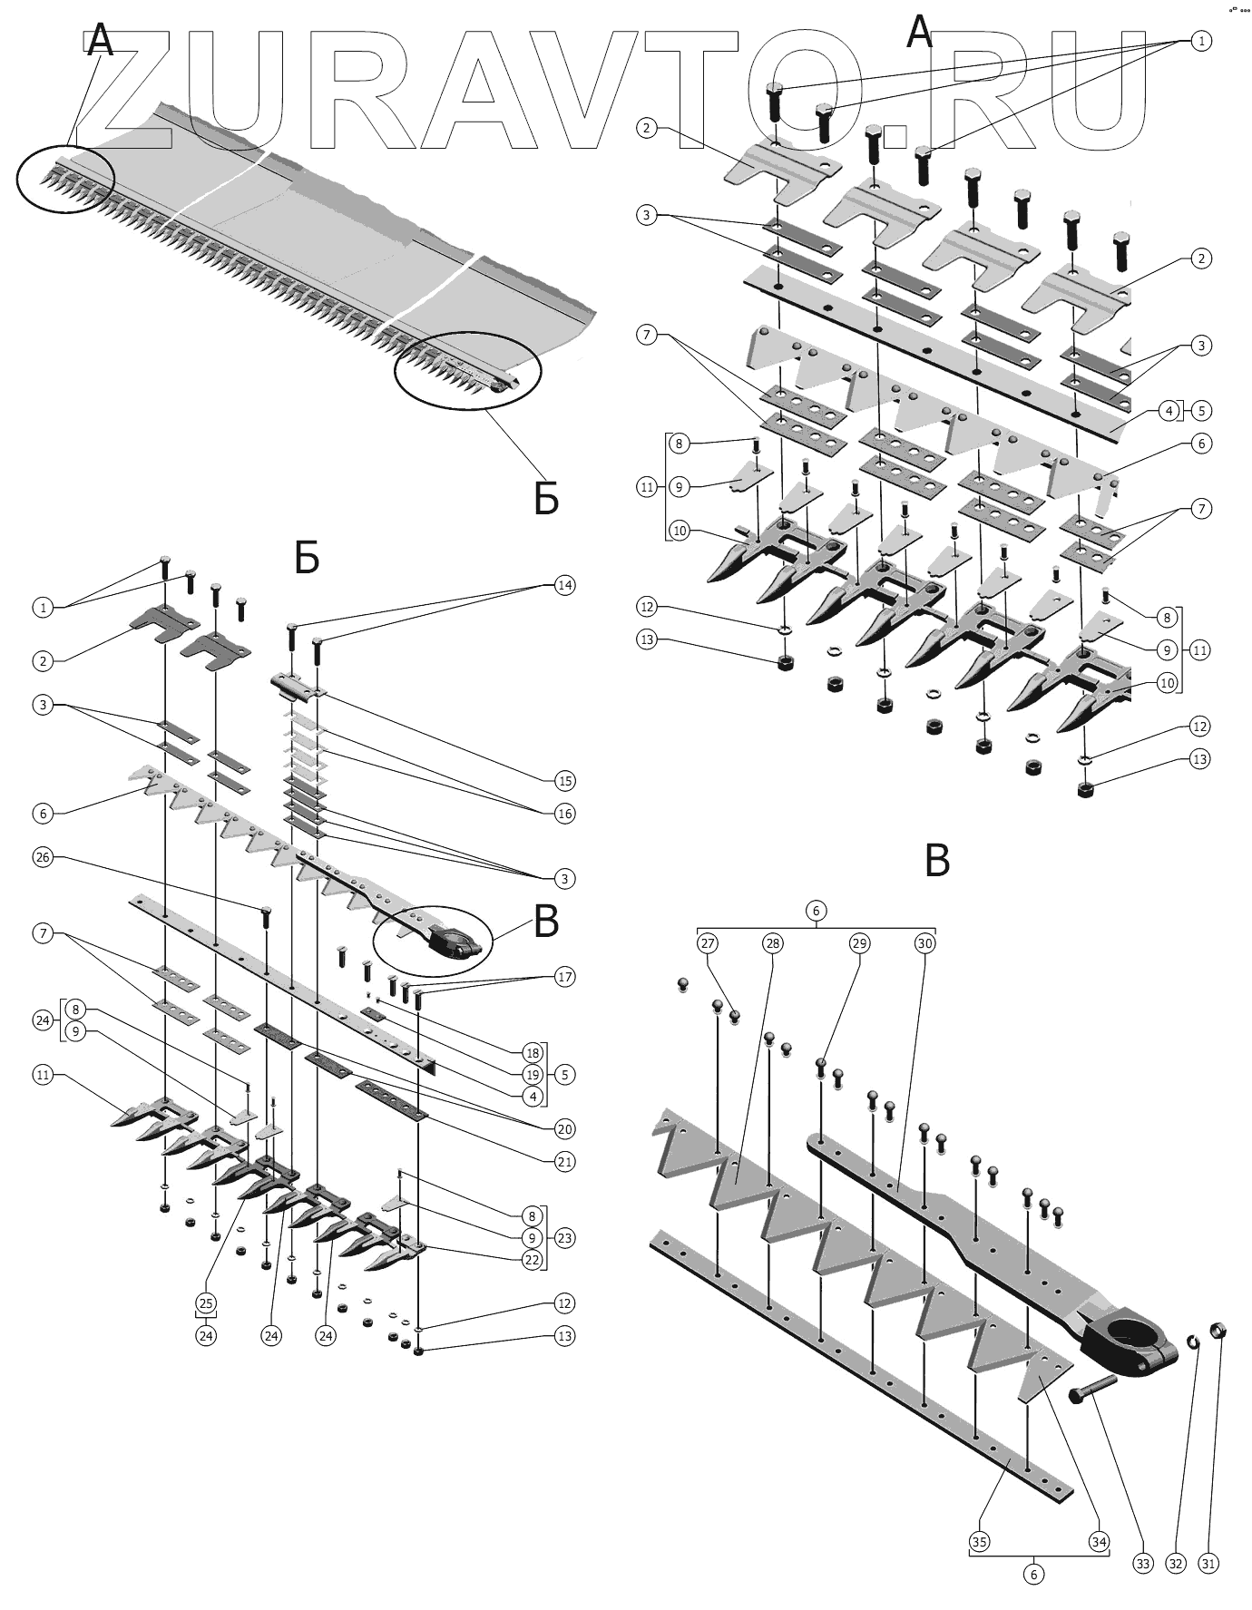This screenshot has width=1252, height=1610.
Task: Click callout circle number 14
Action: click(x=564, y=585)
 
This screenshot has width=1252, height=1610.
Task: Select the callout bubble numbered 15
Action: click(x=564, y=781)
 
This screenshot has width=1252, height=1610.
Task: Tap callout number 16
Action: click(x=564, y=814)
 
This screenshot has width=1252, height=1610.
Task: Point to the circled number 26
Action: click(x=43, y=857)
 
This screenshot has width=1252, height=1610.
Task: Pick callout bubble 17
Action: click(x=564, y=977)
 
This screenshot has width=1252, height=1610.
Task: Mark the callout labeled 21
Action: click(x=564, y=1162)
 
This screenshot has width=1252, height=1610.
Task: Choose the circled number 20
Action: click(x=564, y=1129)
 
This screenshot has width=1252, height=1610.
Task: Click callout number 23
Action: click(x=564, y=1238)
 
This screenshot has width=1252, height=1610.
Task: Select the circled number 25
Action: click(x=206, y=1303)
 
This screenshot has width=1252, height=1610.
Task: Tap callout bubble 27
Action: click(x=708, y=943)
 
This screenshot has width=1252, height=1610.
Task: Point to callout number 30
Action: click(x=924, y=943)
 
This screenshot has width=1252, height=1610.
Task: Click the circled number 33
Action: click(x=1142, y=1564)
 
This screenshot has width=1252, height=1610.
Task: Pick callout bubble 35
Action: click(x=980, y=1542)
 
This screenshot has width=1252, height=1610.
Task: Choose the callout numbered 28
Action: click(x=772, y=943)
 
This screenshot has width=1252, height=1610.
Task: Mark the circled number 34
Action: click(x=1099, y=1542)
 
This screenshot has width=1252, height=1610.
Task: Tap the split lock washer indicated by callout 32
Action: click(x=1195, y=1342)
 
